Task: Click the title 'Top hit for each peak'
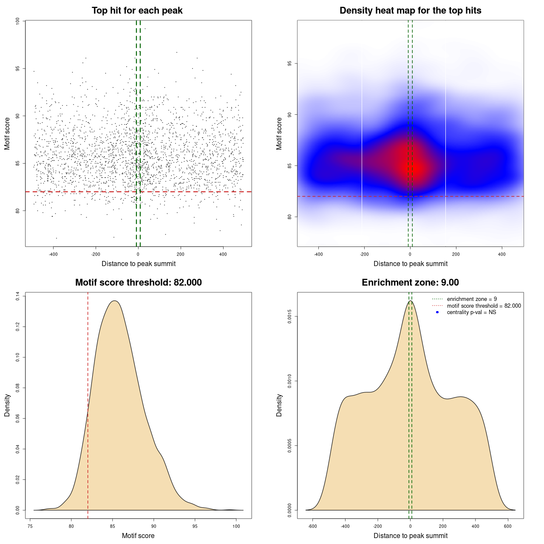pos(137,11)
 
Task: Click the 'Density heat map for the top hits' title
pos(410,11)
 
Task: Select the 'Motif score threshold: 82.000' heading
pos(138,283)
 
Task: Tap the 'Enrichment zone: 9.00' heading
pos(410,283)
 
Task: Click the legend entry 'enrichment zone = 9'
pos(472,299)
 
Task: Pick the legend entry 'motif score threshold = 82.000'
pos(484,306)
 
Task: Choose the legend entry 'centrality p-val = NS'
pos(471,312)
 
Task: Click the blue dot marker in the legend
pos(437,312)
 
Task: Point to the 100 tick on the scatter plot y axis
pos(17,21)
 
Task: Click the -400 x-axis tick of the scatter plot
pos(53,254)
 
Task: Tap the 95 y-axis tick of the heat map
pos(289,63)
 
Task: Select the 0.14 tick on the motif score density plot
pos(17,296)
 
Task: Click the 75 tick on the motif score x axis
pos(30,526)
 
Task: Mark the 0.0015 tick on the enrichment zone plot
pos(289,317)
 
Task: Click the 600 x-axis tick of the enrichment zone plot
pos(508,526)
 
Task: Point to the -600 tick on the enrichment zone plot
pos(313,526)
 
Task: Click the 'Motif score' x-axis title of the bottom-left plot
pos(138,535)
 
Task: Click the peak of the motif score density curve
pos(114,301)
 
